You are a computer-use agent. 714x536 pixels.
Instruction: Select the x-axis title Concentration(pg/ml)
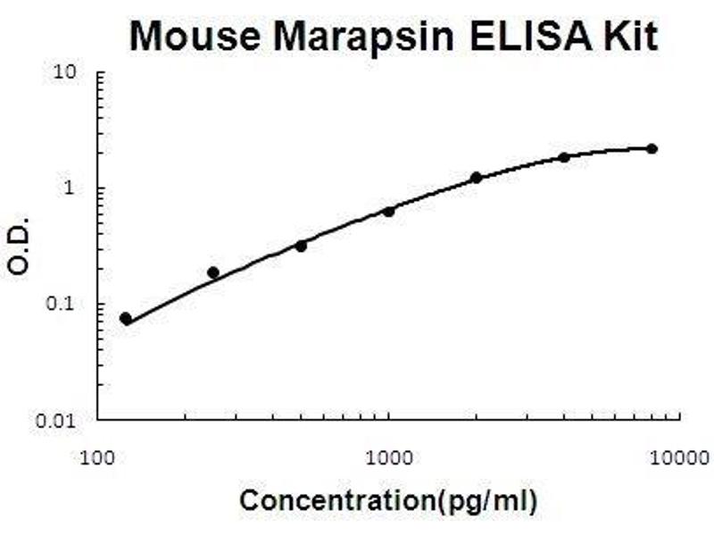coord(388,501)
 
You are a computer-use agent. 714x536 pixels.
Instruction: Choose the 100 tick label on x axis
coord(97,459)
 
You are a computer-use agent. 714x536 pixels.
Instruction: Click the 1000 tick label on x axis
coord(388,459)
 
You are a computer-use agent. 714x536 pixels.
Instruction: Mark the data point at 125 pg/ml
coord(126,319)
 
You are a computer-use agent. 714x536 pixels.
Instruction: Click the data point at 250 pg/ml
coord(213,272)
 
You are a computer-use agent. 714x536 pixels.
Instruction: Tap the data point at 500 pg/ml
coord(301,246)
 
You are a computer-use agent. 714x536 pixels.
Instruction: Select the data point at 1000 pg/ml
coord(388,212)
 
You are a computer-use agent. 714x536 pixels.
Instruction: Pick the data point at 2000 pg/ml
coord(476,178)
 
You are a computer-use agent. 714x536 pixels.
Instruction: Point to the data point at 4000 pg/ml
coord(564,157)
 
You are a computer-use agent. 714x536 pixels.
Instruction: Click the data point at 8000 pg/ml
coord(652,148)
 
